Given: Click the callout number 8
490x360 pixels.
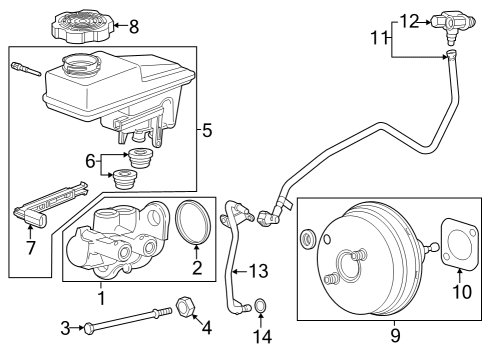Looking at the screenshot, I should point(134,26).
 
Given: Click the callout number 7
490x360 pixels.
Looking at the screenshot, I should point(30,245).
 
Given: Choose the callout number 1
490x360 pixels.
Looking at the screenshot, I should point(100,297).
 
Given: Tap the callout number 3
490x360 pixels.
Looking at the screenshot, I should point(65,327).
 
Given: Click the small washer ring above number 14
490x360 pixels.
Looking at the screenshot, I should point(259,304).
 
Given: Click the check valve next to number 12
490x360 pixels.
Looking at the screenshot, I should point(449,19).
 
